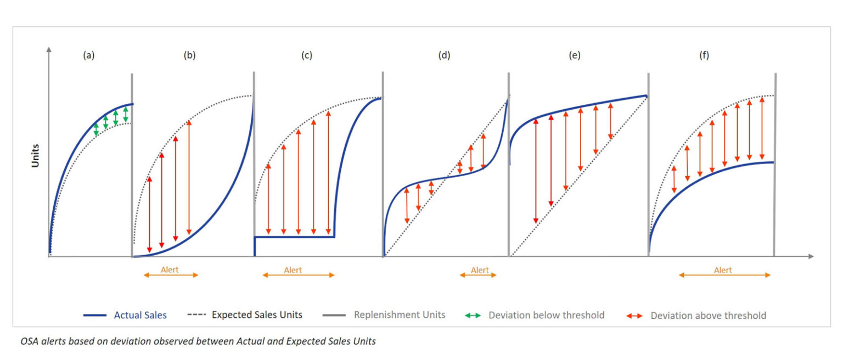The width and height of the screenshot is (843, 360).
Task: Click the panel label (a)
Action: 88,55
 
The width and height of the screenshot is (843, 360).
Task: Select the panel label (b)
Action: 189,55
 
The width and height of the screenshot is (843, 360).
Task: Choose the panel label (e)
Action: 575,55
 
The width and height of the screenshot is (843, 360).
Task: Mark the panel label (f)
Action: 704,55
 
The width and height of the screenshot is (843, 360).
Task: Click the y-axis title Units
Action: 36,155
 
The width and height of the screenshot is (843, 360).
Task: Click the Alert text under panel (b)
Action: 170,270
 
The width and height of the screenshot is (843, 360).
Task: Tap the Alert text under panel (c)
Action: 293,270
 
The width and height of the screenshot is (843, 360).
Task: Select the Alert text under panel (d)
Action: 480,270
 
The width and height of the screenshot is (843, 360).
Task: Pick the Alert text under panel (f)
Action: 723,270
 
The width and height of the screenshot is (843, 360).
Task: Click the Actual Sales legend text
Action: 140,315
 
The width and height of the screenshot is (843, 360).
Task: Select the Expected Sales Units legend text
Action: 257,315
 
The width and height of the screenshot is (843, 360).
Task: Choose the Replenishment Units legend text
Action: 400,315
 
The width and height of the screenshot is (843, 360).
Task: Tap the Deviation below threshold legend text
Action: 546,315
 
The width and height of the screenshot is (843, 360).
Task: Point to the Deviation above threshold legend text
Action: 708,316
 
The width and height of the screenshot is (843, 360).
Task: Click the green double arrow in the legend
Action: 472,316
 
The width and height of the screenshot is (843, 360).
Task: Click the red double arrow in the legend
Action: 634,316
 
